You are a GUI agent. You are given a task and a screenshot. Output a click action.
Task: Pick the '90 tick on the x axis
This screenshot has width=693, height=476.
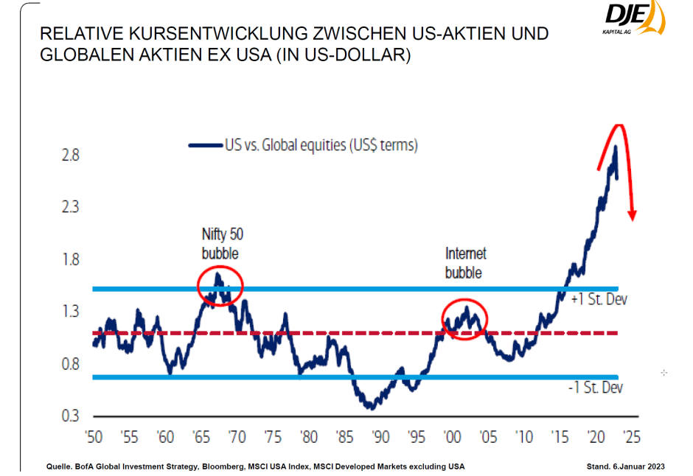click(379, 435)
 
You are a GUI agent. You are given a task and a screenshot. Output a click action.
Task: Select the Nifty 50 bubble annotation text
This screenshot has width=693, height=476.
click(222, 244)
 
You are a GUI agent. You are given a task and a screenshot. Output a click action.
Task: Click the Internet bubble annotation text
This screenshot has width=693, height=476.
click(465, 263)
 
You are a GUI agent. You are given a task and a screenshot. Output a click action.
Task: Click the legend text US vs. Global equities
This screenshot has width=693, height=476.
click(321, 145)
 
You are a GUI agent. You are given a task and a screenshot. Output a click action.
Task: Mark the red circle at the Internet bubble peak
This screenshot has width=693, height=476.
click(465, 318)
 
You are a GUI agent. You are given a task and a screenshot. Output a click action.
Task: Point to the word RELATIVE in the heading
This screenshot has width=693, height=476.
click(75, 35)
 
